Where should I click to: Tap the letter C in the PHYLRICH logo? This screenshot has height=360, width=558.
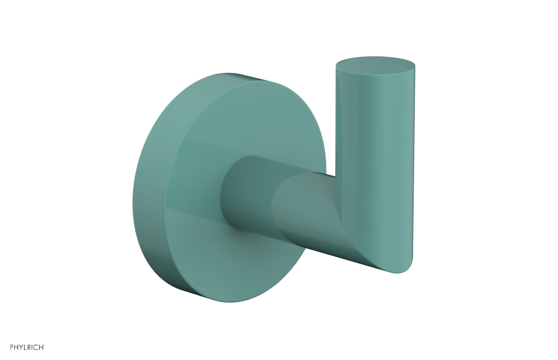click(x=34, y=347)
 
